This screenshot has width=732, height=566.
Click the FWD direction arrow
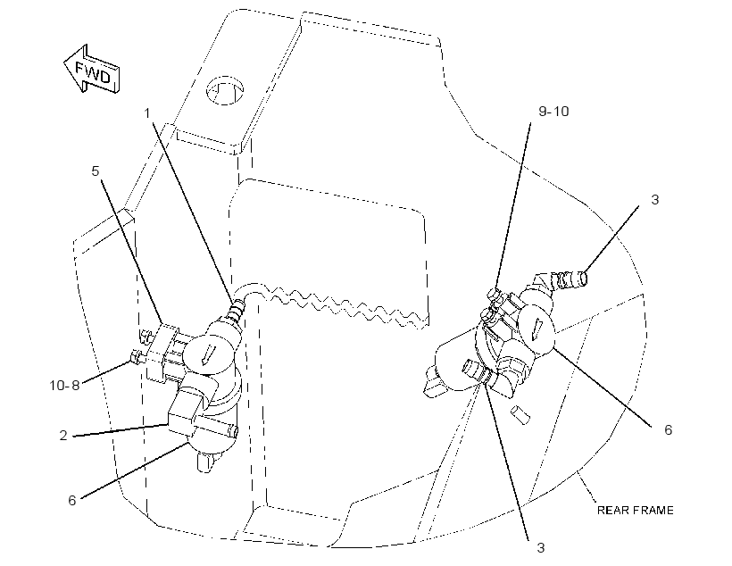(92, 69)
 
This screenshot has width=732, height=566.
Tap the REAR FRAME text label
(636, 510)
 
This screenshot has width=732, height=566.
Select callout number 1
(147, 113)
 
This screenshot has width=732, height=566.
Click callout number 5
(96, 171)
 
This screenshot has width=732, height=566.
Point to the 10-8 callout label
(64, 386)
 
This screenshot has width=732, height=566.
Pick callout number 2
(63, 436)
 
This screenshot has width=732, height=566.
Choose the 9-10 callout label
(553, 111)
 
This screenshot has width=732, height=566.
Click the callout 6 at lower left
(72, 500)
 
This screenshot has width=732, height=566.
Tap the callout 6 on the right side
(668, 429)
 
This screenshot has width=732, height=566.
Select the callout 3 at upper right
(655, 199)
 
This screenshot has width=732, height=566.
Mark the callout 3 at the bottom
(541, 548)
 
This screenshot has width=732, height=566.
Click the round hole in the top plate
(225, 89)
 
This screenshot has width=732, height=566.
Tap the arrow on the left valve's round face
(206, 355)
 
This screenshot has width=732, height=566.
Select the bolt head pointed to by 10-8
(135, 357)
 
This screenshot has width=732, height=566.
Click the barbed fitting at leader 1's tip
(236, 310)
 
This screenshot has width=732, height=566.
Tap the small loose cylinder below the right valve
(520, 415)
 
